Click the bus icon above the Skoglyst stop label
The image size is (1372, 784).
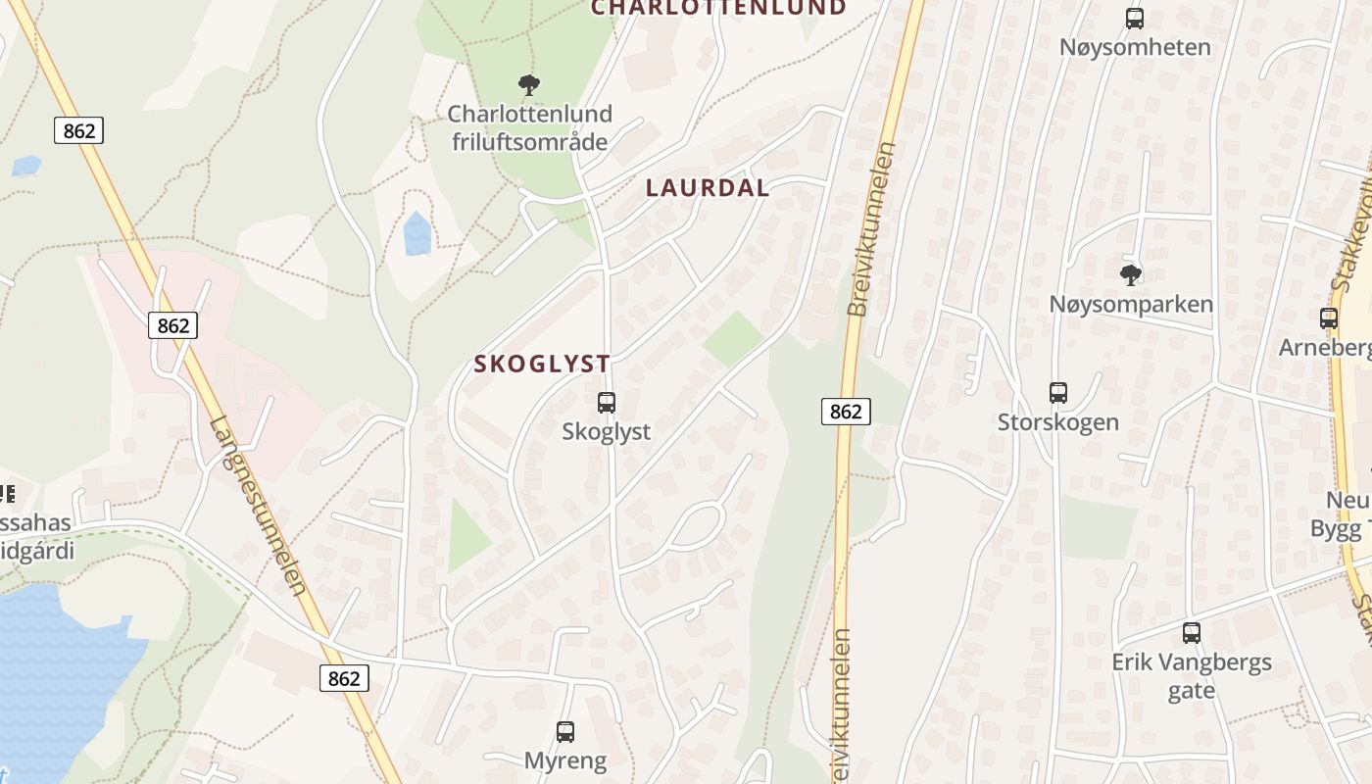click(x=607, y=402)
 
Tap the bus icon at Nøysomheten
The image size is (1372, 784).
click(x=1134, y=18)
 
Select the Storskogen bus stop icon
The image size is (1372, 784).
click(x=1057, y=393)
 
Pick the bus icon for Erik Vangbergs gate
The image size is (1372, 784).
click(x=1191, y=633)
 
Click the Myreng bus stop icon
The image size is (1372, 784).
click(x=565, y=731)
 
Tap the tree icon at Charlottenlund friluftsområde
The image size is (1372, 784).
click(x=529, y=85)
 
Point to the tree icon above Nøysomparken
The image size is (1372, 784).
click(x=1131, y=274)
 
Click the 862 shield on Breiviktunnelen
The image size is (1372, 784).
click(x=845, y=412)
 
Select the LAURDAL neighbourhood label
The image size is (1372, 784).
click(x=708, y=188)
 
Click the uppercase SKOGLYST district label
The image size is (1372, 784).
click(x=542, y=364)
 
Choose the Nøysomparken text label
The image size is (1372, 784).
click(x=1131, y=304)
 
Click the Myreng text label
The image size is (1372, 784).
click(x=565, y=760)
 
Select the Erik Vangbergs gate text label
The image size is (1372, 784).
click(x=1191, y=676)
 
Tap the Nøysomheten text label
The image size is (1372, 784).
click(x=1134, y=47)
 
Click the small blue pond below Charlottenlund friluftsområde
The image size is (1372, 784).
click(x=417, y=234)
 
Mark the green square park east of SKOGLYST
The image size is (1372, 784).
click(x=733, y=338)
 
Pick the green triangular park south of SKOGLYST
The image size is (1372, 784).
click(x=467, y=539)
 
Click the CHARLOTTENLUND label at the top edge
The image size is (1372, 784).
click(x=717, y=8)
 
